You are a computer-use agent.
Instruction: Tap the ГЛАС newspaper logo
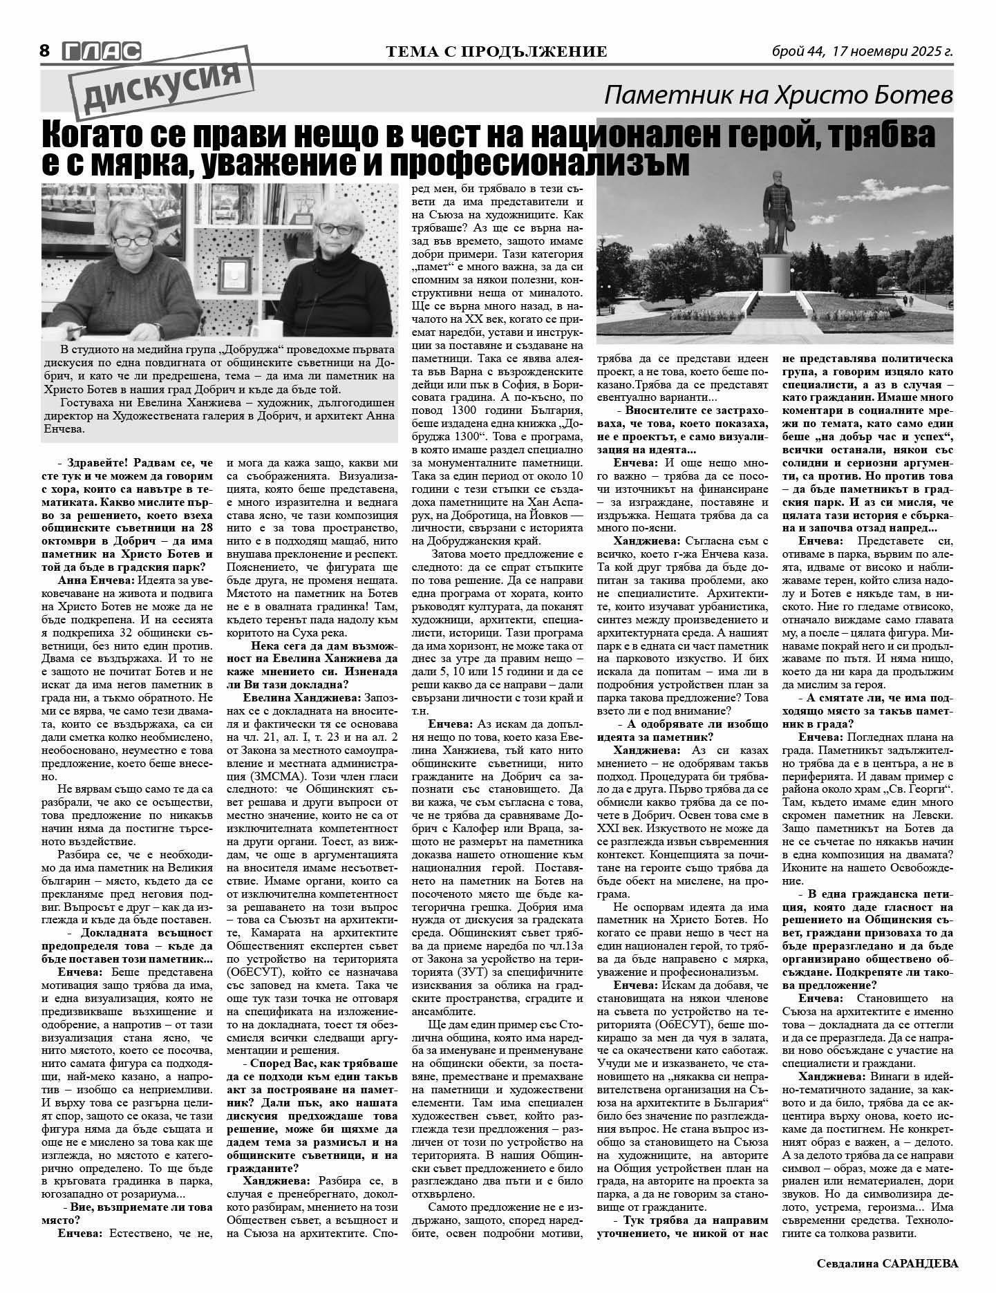101,50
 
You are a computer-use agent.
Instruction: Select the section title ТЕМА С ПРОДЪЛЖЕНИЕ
497,52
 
